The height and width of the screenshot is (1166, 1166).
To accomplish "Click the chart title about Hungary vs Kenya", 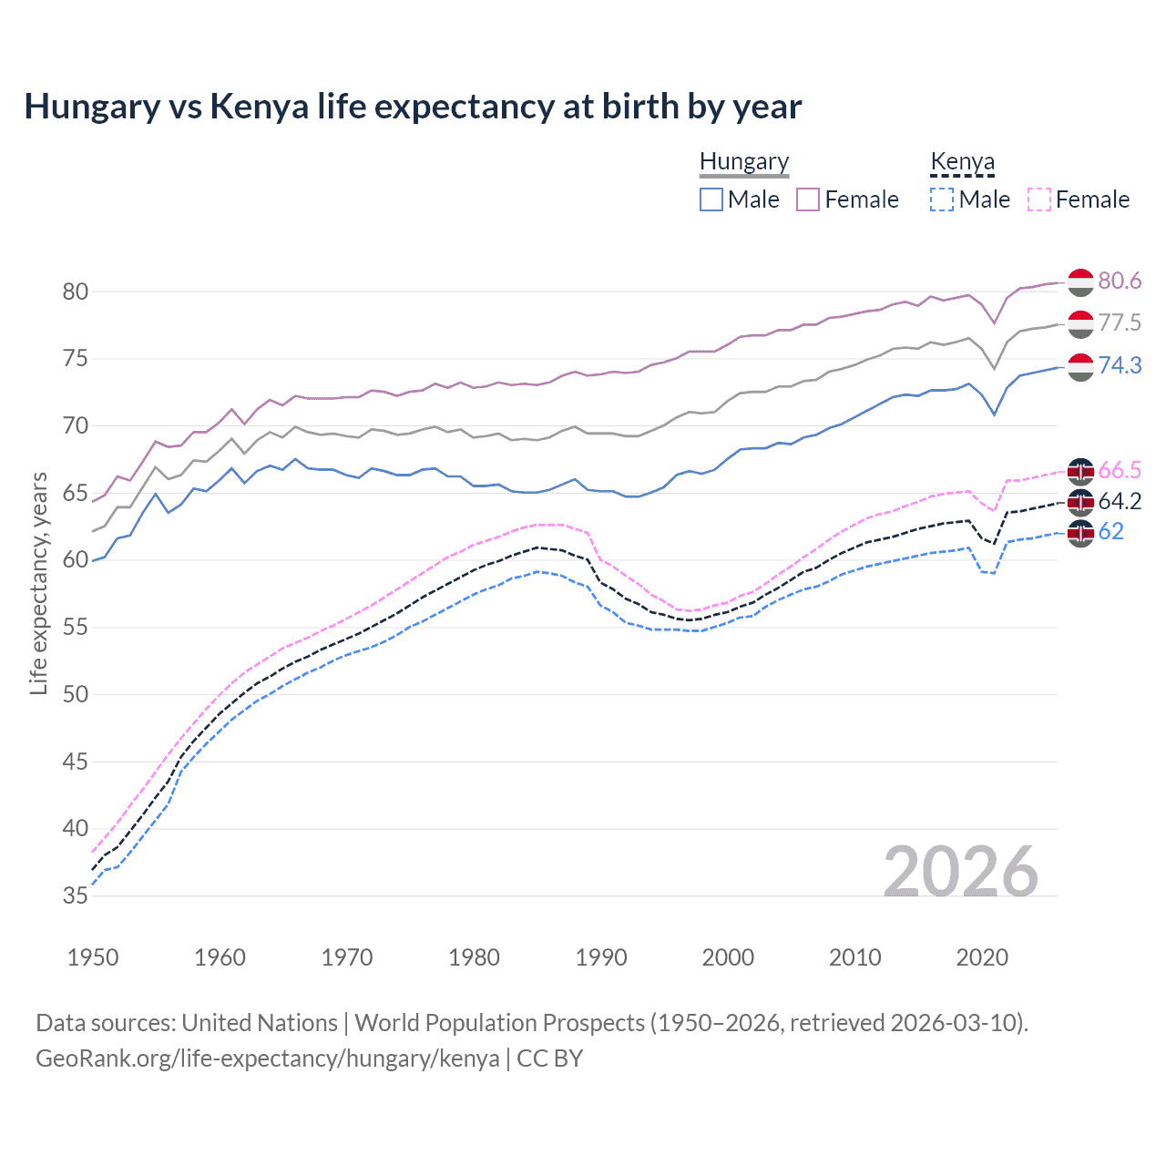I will [413, 107].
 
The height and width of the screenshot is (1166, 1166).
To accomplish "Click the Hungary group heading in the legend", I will [744, 162].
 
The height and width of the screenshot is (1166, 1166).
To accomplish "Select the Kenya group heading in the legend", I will [962, 162].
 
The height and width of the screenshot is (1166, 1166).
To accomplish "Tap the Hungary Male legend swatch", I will [711, 199].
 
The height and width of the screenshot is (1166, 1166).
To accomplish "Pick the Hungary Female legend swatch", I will [808, 199].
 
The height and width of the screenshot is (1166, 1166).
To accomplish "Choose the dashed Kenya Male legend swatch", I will [942, 199].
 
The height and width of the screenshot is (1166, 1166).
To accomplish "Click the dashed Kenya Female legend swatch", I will [1039, 199].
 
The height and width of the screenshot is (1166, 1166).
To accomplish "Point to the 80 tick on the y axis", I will [75, 292].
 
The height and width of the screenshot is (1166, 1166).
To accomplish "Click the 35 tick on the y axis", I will [75, 896].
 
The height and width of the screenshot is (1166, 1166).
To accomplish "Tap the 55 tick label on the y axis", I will [75, 628].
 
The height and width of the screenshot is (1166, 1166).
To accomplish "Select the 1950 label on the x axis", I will [93, 957].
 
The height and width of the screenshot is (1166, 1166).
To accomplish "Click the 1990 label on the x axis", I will [601, 957].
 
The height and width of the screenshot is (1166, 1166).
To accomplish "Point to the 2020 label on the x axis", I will [982, 957].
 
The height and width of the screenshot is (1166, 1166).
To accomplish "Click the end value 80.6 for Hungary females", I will [1120, 281].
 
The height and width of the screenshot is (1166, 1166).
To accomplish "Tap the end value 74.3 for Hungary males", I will [1120, 366].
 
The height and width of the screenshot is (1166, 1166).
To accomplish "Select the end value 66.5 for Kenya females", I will [1120, 471].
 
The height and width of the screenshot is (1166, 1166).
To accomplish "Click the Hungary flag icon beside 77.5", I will [1080, 324].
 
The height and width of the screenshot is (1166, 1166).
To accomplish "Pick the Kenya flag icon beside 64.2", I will [1080, 502].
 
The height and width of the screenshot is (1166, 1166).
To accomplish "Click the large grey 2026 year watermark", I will [961, 872].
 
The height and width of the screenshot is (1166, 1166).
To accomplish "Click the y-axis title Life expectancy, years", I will [39, 583].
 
